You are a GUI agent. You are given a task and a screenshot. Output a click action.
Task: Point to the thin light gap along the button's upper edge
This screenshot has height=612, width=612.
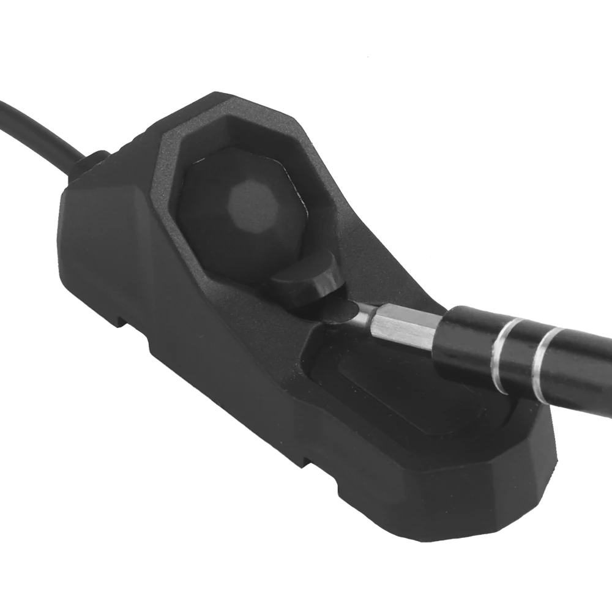point(245,160)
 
